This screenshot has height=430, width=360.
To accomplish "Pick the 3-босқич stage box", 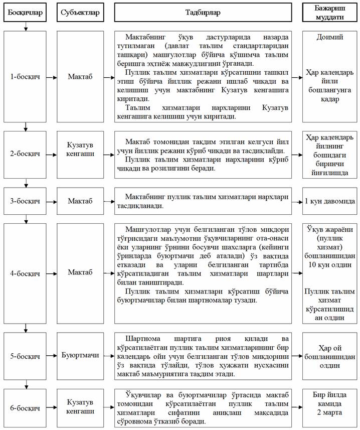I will (25, 201).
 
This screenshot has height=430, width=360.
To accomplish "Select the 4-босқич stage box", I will (25, 274).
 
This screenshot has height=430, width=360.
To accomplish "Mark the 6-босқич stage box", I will (25, 407).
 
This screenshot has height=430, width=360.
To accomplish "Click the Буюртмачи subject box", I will (79, 355).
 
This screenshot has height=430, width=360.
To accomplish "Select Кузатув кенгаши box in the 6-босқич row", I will (79, 407).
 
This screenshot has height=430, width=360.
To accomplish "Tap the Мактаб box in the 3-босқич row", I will (79, 201).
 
